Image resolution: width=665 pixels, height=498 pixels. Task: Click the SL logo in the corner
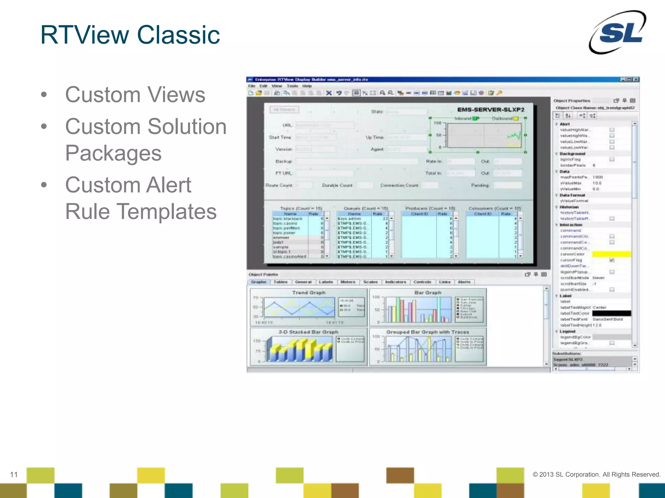point(618,32)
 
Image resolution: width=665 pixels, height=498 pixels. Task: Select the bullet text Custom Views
point(135,95)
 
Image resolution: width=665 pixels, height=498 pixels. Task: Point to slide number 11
point(14,475)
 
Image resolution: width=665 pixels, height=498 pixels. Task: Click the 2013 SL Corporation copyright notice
point(596,474)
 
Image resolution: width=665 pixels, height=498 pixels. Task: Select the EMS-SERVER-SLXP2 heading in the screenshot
point(491,110)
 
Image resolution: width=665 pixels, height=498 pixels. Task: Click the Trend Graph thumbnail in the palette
point(308,307)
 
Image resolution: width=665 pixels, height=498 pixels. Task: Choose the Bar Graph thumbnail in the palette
point(428,307)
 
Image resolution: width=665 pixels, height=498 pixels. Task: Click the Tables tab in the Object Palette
point(281,282)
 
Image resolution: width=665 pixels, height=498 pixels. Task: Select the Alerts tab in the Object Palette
point(464,282)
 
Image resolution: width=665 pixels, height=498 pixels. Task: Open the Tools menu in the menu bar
point(292,86)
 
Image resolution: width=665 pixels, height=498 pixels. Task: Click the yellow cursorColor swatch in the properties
point(611,254)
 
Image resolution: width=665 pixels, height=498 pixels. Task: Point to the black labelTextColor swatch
point(611,313)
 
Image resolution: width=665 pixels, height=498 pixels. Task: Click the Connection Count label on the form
point(399,185)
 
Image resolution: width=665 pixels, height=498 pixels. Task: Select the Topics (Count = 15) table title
point(301,208)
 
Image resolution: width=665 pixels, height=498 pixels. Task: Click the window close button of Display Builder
point(636,79)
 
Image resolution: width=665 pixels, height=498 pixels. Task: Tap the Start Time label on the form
point(280,137)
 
